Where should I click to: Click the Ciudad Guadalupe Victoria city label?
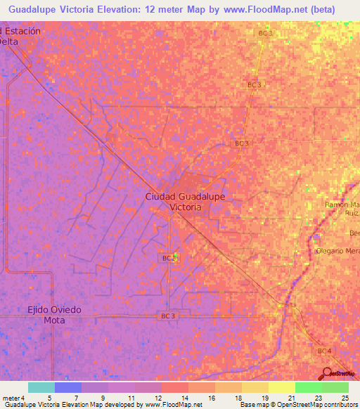pos(185,202)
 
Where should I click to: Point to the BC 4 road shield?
pos(323,350)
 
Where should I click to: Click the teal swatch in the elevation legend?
pos(41,387)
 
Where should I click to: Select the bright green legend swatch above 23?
pos(308,387)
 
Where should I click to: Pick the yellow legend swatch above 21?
pos(281,387)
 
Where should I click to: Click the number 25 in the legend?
pos(345,397)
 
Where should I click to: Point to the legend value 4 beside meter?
pos(22,397)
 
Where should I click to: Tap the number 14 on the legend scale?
pos(174,397)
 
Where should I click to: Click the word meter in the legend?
pos(11,397)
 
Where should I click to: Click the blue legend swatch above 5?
pos(67,387)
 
